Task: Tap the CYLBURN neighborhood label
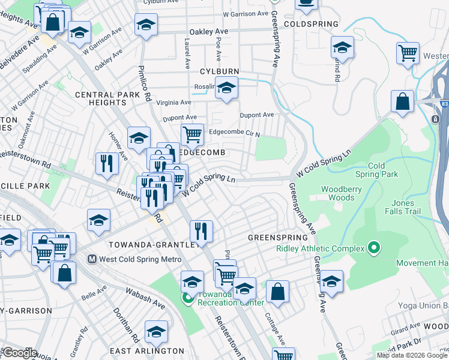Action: click(x=220, y=71)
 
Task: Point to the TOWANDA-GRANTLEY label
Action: click(x=153, y=245)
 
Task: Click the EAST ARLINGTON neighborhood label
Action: click(x=147, y=350)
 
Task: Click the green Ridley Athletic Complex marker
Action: click(x=374, y=248)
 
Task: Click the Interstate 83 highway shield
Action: click(x=444, y=103)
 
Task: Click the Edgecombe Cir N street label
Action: click(x=234, y=133)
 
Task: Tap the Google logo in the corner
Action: click(x=19, y=353)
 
